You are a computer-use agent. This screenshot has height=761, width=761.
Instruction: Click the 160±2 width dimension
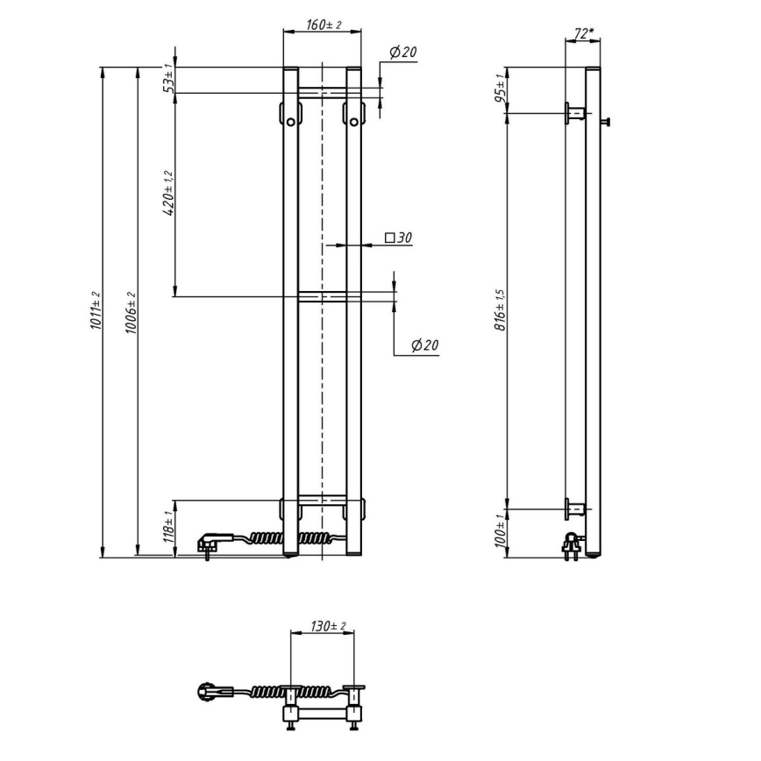click(323, 25)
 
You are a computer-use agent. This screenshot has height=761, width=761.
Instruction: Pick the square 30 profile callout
click(398, 238)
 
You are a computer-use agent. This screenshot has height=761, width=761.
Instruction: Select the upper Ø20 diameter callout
click(402, 53)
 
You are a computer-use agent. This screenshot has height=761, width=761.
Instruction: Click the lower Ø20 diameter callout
click(424, 345)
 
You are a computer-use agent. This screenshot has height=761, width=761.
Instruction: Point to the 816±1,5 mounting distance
click(500, 310)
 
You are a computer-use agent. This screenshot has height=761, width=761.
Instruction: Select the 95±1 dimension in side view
click(500, 89)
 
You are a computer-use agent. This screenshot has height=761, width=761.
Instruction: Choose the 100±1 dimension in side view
click(500, 533)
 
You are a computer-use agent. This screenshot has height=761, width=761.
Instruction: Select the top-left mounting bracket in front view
click(290, 114)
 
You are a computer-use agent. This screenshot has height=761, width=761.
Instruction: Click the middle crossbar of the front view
click(322, 296)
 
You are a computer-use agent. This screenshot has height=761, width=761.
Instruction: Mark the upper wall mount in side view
click(576, 112)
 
